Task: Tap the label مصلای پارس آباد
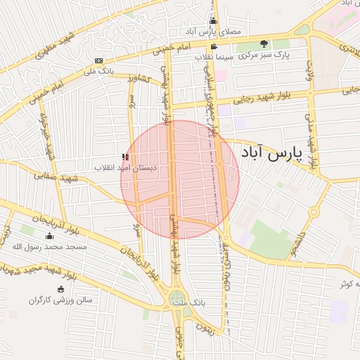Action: click(x=214, y=32)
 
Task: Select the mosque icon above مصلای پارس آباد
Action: click(x=213, y=21)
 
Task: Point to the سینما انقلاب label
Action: click(x=208, y=55)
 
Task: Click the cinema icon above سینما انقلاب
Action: click(x=214, y=46)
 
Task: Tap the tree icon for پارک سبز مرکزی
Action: click(x=264, y=43)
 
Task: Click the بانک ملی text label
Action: click(x=98, y=70)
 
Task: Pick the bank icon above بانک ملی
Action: click(x=98, y=60)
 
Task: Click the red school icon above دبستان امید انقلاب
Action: click(x=125, y=157)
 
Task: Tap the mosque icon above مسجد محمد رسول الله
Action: click(x=49, y=236)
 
